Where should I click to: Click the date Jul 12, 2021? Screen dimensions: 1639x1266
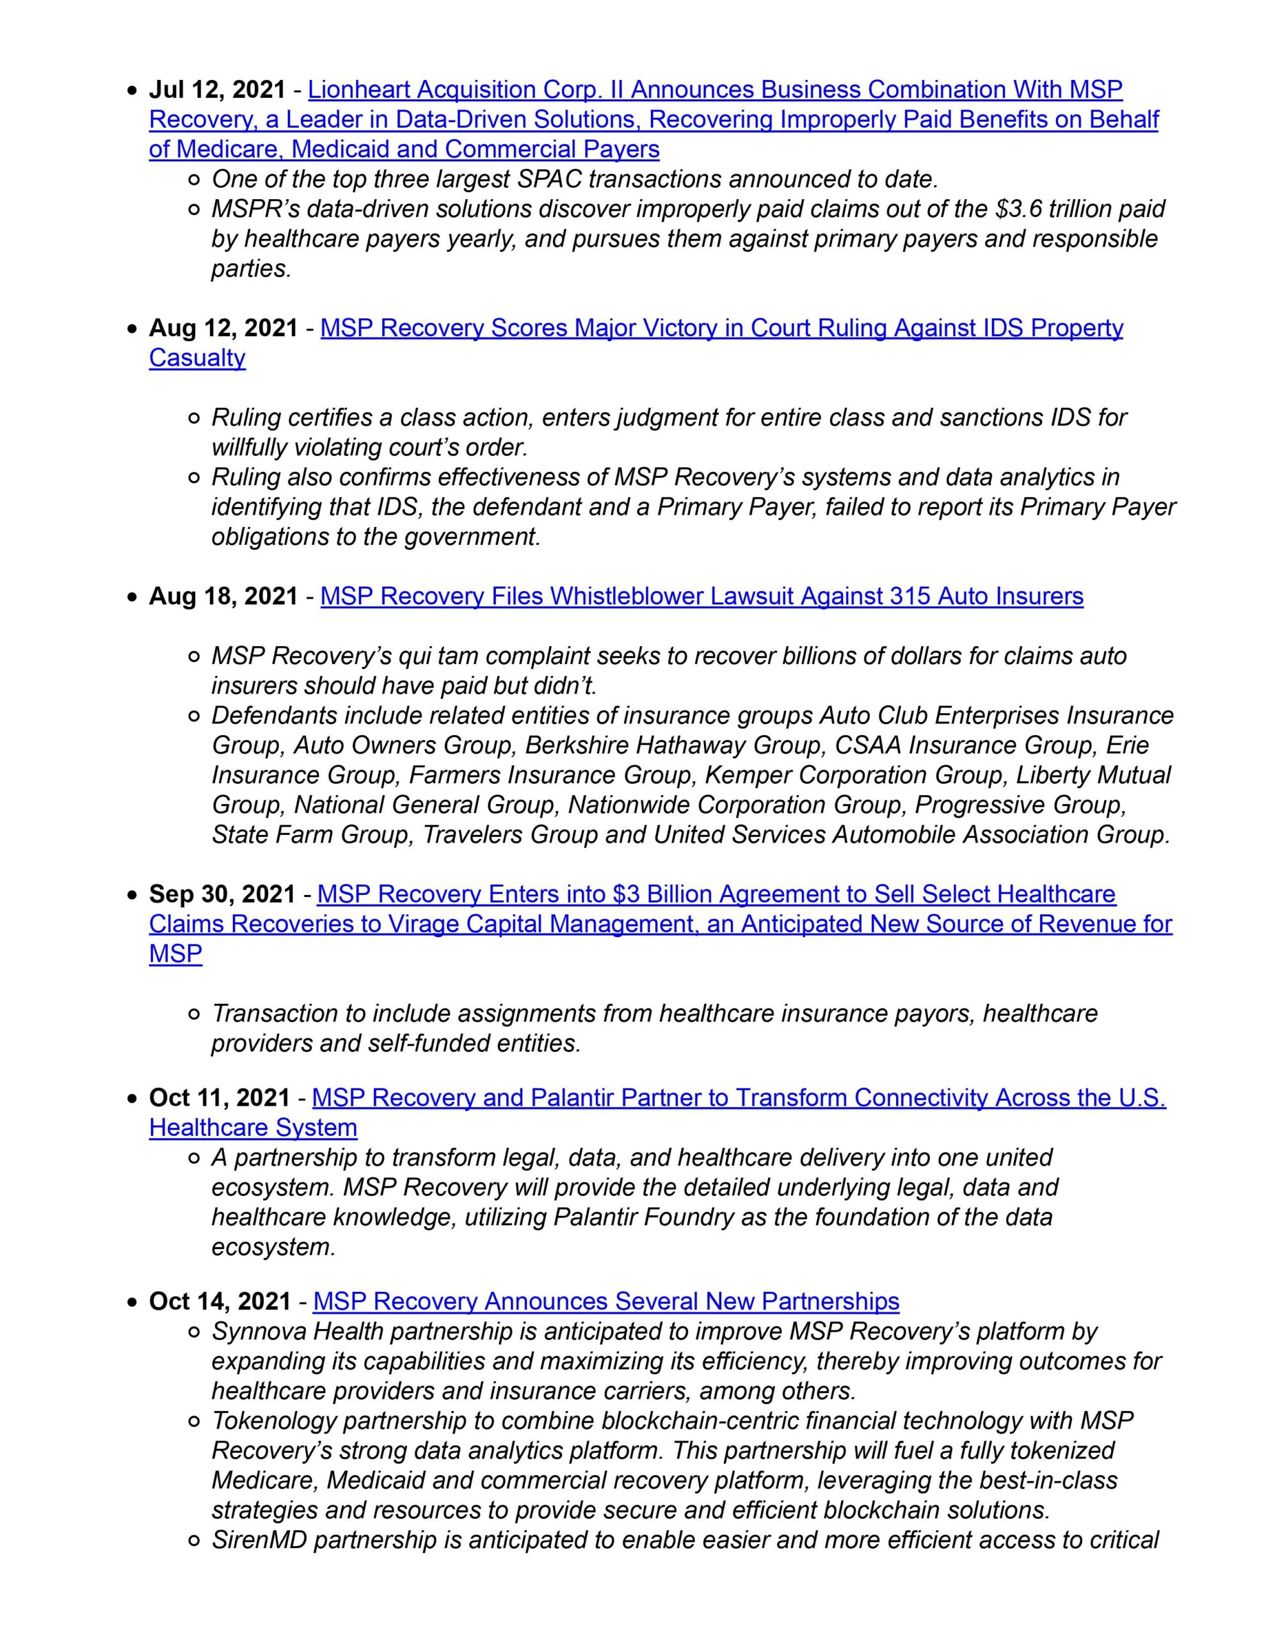pos(217,90)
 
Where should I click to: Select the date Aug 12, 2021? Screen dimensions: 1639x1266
pos(223,328)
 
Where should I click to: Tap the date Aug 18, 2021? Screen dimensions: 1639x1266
pos(223,596)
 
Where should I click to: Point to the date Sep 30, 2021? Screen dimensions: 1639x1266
pos(221,894)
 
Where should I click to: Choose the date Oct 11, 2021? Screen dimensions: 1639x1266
pos(219,1098)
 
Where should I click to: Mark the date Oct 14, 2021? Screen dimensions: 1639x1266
pos(219,1300)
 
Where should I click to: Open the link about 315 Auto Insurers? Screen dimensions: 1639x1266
pos(701,596)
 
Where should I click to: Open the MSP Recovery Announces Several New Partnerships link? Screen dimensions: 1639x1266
pos(605,1300)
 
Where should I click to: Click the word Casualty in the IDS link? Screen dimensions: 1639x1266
pos(196,358)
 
